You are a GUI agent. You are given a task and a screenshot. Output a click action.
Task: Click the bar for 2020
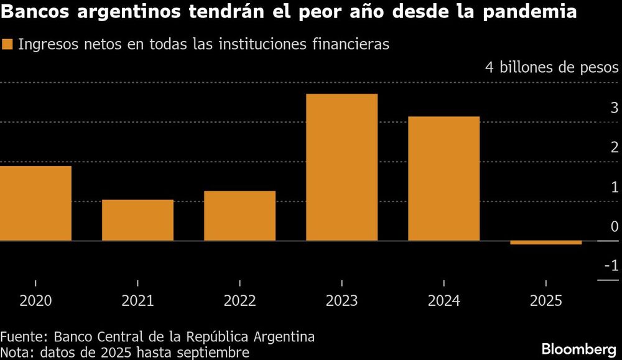click(35, 203)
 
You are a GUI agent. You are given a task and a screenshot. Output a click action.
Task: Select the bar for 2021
click(137, 220)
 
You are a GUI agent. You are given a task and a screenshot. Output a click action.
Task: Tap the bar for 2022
click(239, 216)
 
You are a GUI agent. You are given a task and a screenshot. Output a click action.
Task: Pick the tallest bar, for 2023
click(341, 167)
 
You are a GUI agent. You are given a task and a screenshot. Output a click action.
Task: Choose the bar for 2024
click(443, 178)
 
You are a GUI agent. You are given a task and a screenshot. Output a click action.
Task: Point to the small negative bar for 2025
click(545, 242)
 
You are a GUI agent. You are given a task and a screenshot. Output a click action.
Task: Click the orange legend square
click(7, 44)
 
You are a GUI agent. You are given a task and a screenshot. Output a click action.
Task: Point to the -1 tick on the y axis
click(611, 266)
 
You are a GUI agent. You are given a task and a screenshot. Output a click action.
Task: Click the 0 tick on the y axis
click(615, 227)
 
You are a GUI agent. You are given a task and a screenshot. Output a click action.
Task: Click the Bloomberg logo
click(578, 349)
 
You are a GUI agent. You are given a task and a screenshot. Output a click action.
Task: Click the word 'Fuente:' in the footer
click(24, 337)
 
